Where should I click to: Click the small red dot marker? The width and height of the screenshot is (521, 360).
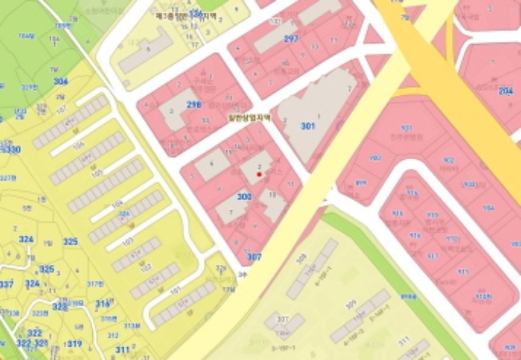[x=259, y=174]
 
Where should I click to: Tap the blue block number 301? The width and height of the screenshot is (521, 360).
[x=308, y=126]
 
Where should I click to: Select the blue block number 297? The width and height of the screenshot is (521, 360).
[x=291, y=39]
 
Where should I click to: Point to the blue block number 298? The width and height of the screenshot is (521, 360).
[x=194, y=105]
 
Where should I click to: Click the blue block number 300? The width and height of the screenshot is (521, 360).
[x=244, y=196]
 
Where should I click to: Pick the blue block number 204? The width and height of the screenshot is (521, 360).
[x=505, y=91]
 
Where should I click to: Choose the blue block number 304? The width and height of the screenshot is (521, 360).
[x=60, y=81]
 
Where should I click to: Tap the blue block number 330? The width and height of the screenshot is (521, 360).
[x=13, y=150]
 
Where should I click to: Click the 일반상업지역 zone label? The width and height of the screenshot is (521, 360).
[x=249, y=117]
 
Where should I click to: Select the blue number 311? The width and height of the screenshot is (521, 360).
[x=123, y=349]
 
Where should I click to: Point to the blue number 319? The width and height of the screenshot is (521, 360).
[x=74, y=344]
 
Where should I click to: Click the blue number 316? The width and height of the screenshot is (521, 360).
[x=103, y=303]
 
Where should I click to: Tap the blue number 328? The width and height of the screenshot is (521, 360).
[x=60, y=306]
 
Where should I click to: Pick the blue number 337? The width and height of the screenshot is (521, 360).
[x=6, y=284]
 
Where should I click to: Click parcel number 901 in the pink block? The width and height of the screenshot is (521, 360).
[x=406, y=128]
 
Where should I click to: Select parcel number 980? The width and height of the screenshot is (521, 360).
[x=375, y=158]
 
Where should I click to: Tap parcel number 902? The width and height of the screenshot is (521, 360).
[x=448, y=160]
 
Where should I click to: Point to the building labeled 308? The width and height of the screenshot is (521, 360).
[x=301, y=258]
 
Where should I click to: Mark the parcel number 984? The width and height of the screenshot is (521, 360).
[x=488, y=208]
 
